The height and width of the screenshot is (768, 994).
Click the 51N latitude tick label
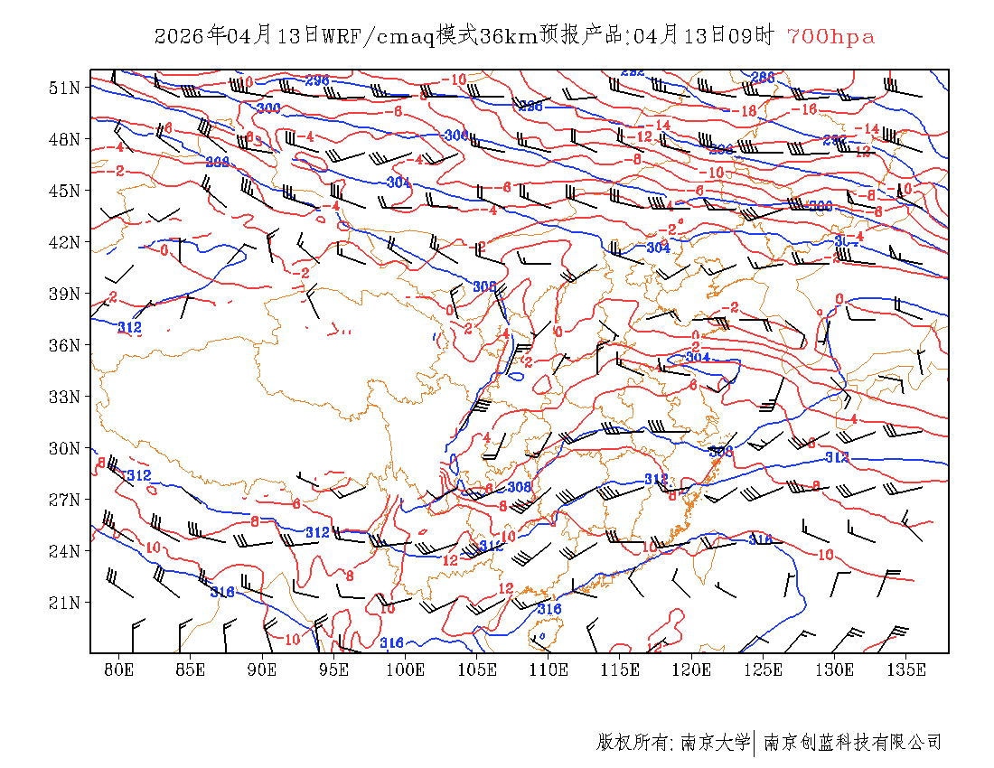[x=66, y=88]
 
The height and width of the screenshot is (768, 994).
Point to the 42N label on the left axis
[x=66, y=242]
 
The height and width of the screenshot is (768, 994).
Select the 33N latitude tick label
[x=66, y=397]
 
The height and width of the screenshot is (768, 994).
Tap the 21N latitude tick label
[x=66, y=603]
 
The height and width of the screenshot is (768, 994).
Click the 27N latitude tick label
[x=66, y=500]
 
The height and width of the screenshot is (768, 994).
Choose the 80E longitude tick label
[x=119, y=670]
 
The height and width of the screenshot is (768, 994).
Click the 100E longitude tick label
[x=406, y=670]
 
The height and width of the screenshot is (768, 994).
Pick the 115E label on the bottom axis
[x=621, y=670]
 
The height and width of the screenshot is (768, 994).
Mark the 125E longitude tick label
[x=764, y=670]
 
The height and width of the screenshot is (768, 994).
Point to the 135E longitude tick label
[x=906, y=670]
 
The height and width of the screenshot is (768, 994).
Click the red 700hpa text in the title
[x=830, y=37]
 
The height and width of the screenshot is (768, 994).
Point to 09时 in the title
[x=753, y=37]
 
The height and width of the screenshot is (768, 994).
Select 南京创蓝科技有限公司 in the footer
[x=852, y=743]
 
